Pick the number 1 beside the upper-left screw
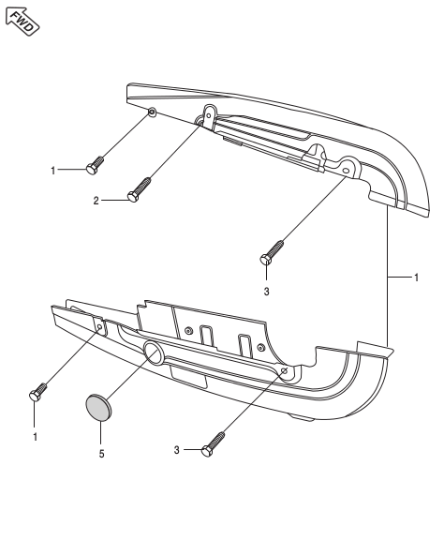point(53,171)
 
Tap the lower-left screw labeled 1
point(38,395)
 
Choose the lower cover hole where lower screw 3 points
point(284,371)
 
